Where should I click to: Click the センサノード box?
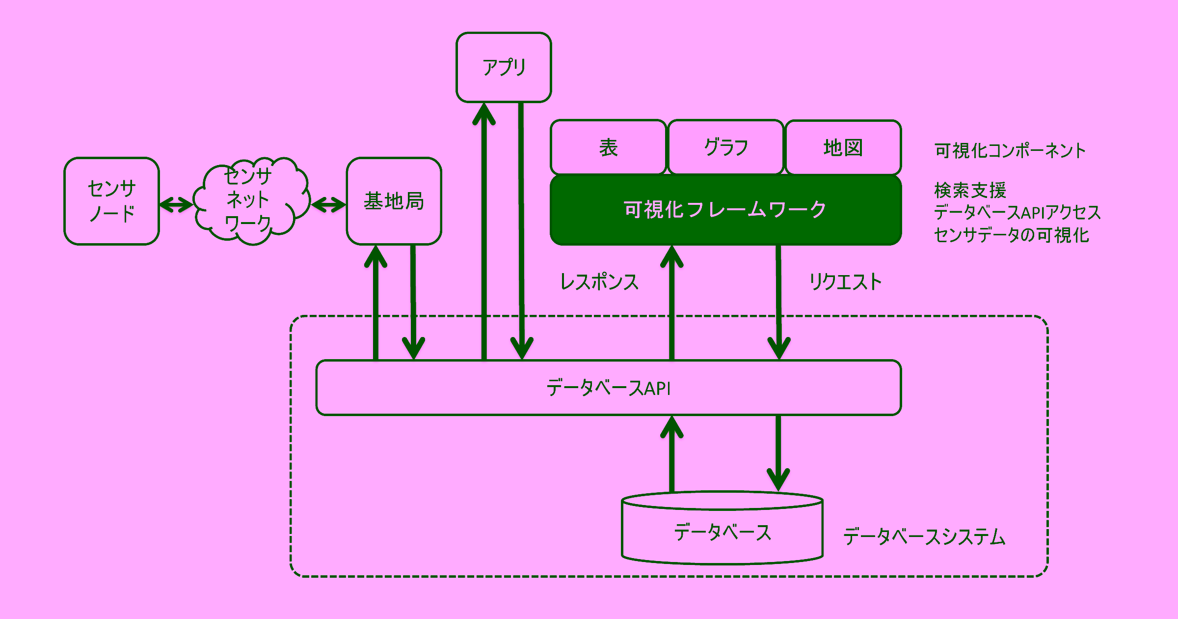tap(111, 201)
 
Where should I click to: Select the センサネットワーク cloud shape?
tap(250, 201)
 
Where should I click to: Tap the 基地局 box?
tap(394, 201)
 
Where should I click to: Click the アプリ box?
tap(504, 67)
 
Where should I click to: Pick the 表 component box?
tap(608, 147)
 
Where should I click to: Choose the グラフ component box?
tap(725, 147)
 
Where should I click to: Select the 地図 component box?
tap(843, 147)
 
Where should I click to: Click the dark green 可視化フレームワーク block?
tap(725, 210)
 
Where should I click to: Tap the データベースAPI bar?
tap(608, 388)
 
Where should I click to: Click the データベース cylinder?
tap(722, 533)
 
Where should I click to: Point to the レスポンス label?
tap(599, 282)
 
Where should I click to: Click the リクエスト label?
tap(845, 282)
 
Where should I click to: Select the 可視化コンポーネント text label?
tap(1010, 150)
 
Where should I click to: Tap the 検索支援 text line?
tap(970, 190)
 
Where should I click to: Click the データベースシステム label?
tap(924, 536)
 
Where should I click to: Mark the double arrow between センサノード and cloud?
tap(176, 204)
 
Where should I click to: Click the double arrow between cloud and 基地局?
tap(328, 204)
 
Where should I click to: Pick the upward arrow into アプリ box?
tap(484, 231)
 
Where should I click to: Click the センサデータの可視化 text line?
tap(1011, 235)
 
